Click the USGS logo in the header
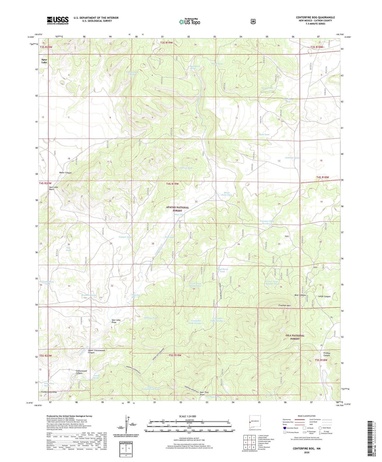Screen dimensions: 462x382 [x=58, y=20]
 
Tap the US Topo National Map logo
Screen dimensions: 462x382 [x=189, y=22]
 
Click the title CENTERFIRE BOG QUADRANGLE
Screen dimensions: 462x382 [x=315, y=17]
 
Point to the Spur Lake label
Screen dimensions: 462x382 [x=44, y=61]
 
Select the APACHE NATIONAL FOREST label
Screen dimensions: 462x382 [x=178, y=209]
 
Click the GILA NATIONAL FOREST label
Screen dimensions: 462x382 [x=295, y=337]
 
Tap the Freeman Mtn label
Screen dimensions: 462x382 [x=284, y=306]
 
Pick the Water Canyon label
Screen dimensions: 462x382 [x=65, y=173]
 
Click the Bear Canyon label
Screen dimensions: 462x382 [x=300, y=295]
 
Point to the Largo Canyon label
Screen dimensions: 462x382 [x=324, y=296]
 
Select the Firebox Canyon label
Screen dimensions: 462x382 [x=327, y=354]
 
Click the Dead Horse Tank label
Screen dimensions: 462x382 [x=222, y=270]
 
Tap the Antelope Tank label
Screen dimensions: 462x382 [x=292, y=158]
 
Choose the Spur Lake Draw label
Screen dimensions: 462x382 [x=116, y=321]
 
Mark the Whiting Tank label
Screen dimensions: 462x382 [x=151, y=318]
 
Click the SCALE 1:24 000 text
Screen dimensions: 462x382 [x=187, y=416]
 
